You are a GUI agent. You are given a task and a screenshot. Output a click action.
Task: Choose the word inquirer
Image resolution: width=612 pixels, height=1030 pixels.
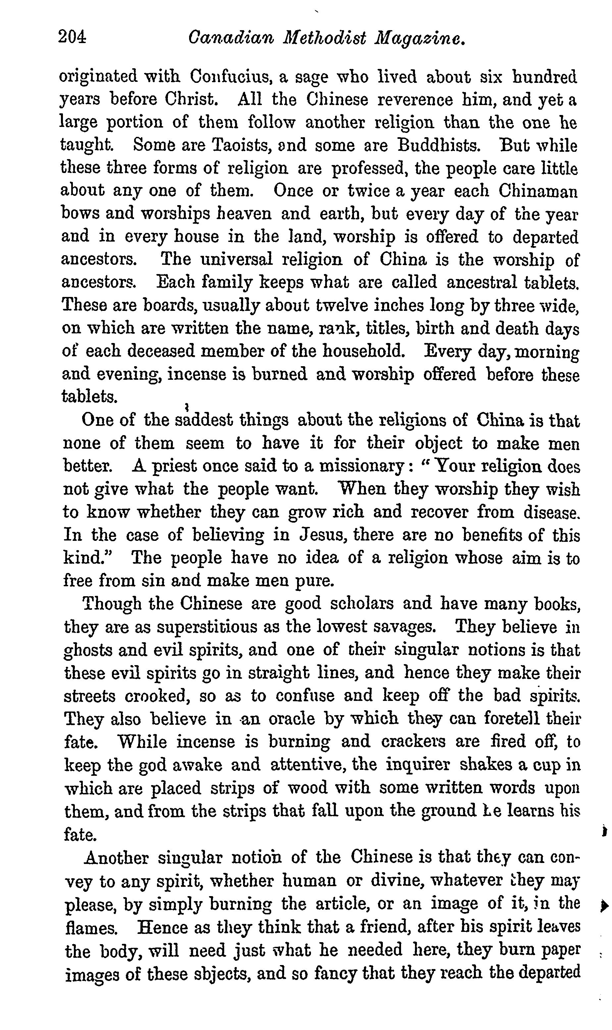418,765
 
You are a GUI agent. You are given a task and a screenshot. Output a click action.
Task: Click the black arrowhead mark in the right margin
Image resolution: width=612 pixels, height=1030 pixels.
604,906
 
